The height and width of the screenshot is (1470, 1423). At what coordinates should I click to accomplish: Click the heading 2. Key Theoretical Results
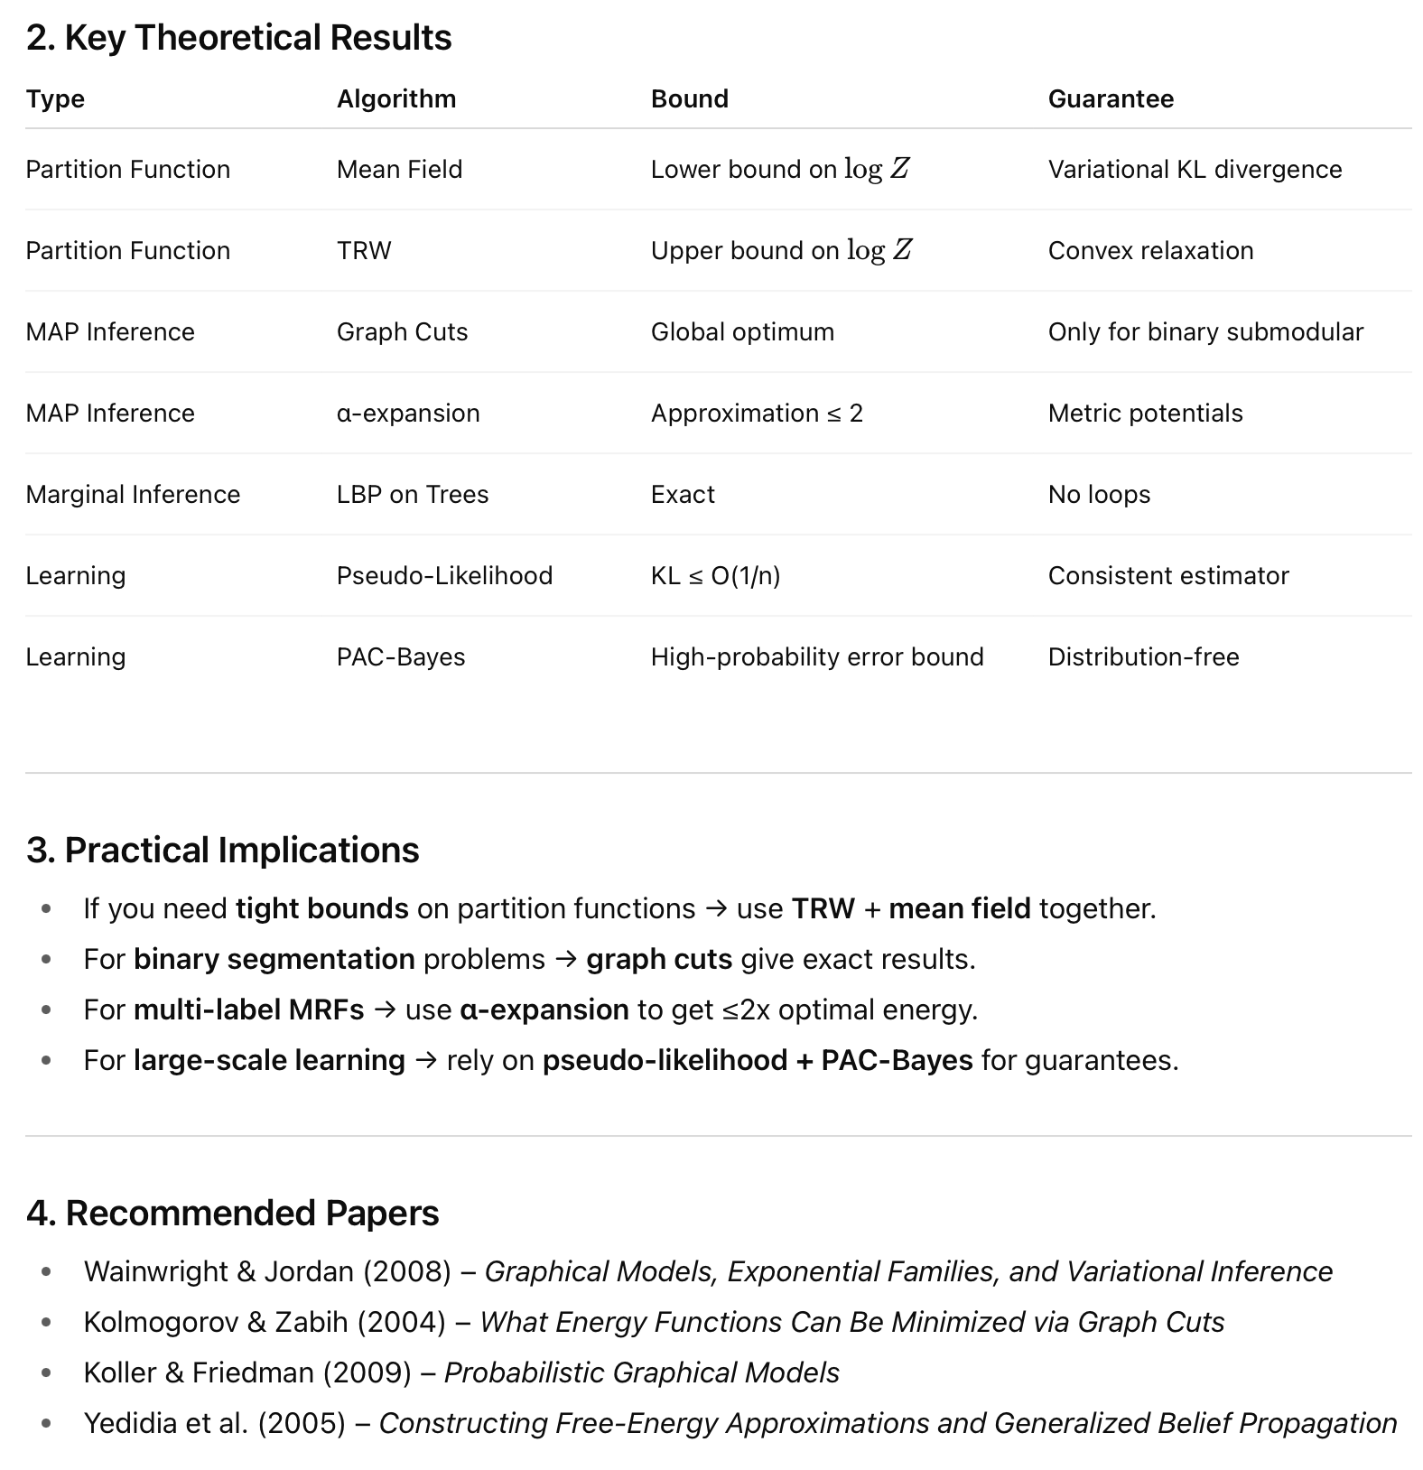239,38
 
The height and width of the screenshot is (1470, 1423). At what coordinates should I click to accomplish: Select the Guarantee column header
1111,98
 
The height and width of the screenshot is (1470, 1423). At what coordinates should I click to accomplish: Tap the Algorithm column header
396,98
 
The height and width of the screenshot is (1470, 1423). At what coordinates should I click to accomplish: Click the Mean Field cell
399,169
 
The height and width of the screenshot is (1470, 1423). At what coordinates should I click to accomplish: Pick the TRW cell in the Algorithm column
364,250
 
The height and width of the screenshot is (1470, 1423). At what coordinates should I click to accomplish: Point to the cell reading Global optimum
742,331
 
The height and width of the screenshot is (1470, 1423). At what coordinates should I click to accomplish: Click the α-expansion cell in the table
408,413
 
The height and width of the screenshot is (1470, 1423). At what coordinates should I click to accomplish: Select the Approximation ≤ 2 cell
757,413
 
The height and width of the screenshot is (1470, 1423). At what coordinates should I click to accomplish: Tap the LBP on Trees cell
413,494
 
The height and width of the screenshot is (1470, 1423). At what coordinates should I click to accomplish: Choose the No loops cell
1099,494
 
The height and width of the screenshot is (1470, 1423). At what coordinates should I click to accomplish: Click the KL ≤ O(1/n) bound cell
715,575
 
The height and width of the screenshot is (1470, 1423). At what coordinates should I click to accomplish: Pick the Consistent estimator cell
1168,575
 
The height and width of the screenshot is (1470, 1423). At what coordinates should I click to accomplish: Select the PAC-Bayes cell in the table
401,656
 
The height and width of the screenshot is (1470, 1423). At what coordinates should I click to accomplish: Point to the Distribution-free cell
1143,656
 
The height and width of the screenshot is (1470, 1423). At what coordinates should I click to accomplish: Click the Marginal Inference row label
133,494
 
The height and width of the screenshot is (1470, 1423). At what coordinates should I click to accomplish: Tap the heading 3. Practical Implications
223,851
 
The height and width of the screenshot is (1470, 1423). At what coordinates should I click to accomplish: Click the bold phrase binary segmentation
274,959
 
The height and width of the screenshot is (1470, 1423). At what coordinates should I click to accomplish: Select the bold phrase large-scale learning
269,1060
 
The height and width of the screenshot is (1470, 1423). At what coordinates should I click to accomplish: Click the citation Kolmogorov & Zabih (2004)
265,1322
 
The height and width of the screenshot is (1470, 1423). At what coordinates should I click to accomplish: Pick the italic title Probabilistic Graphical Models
641,1372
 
